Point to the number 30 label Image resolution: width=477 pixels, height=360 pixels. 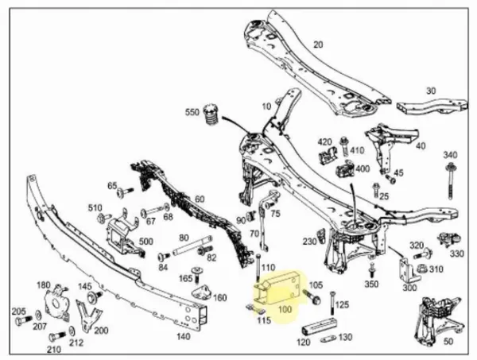[430, 91]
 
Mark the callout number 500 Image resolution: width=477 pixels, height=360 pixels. [145, 242]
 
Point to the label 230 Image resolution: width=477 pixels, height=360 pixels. [310, 241]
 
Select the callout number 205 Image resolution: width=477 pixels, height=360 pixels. [18, 312]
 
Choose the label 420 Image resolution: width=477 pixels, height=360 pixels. [324, 142]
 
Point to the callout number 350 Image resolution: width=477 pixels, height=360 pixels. [371, 284]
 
